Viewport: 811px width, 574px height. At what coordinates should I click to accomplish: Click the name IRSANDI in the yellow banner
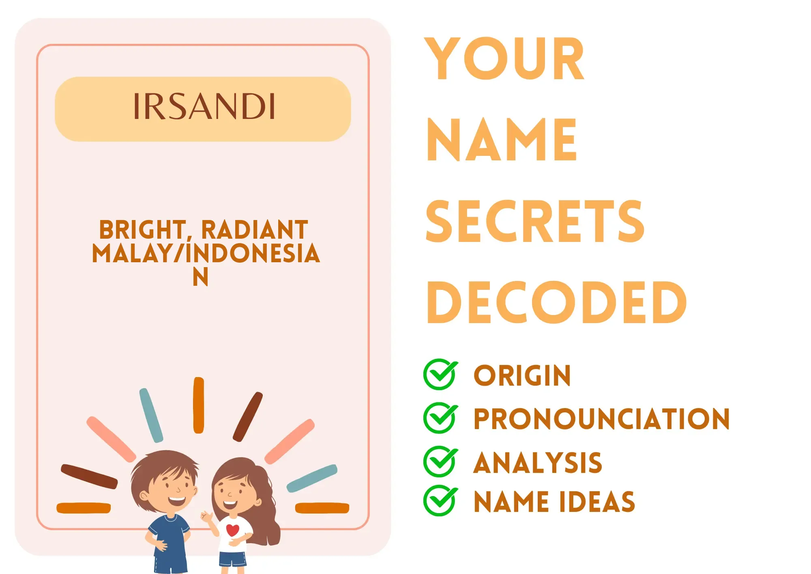[204, 106]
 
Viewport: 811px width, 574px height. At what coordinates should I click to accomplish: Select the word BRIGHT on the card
[142, 230]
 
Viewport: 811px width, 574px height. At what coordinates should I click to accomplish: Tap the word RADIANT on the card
[255, 230]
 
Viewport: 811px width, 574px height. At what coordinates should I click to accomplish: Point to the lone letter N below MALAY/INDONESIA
[200, 277]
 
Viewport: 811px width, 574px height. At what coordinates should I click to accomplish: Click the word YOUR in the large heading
[504, 58]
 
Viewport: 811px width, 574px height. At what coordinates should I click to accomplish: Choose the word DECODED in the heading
[556, 302]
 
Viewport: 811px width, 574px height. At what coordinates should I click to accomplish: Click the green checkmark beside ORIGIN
[440, 374]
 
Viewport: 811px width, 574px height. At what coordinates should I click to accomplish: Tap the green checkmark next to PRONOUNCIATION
[440, 418]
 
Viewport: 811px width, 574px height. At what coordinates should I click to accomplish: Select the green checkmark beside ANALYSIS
[440, 461]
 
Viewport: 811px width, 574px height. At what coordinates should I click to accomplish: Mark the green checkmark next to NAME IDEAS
[440, 501]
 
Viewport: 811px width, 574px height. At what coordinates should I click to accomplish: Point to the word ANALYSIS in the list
[538, 462]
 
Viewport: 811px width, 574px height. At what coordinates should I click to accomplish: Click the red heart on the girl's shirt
[232, 530]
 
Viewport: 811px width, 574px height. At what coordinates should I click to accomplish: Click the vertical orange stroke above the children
[199, 405]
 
